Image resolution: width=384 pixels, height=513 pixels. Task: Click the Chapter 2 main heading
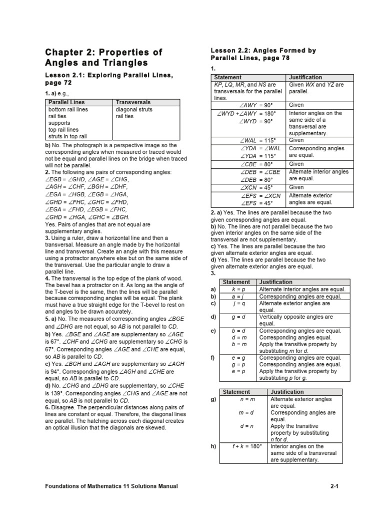tap(103, 58)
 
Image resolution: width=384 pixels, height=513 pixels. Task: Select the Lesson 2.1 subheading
tap(109, 79)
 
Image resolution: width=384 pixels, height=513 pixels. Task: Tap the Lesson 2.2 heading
tap(263, 54)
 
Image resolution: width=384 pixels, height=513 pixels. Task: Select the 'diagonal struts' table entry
tap(134, 109)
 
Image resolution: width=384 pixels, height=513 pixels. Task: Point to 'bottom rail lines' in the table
tap(68, 109)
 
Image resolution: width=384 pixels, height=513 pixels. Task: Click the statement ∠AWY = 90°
tap(259, 105)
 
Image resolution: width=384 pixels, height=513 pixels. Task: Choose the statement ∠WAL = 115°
tap(259, 141)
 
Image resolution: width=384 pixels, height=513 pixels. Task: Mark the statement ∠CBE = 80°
tap(259, 164)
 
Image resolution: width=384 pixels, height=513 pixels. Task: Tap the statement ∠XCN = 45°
tap(259, 187)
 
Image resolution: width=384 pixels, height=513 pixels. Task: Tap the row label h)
tap(214, 446)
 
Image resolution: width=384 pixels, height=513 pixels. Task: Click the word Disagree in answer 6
tap(64, 408)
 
